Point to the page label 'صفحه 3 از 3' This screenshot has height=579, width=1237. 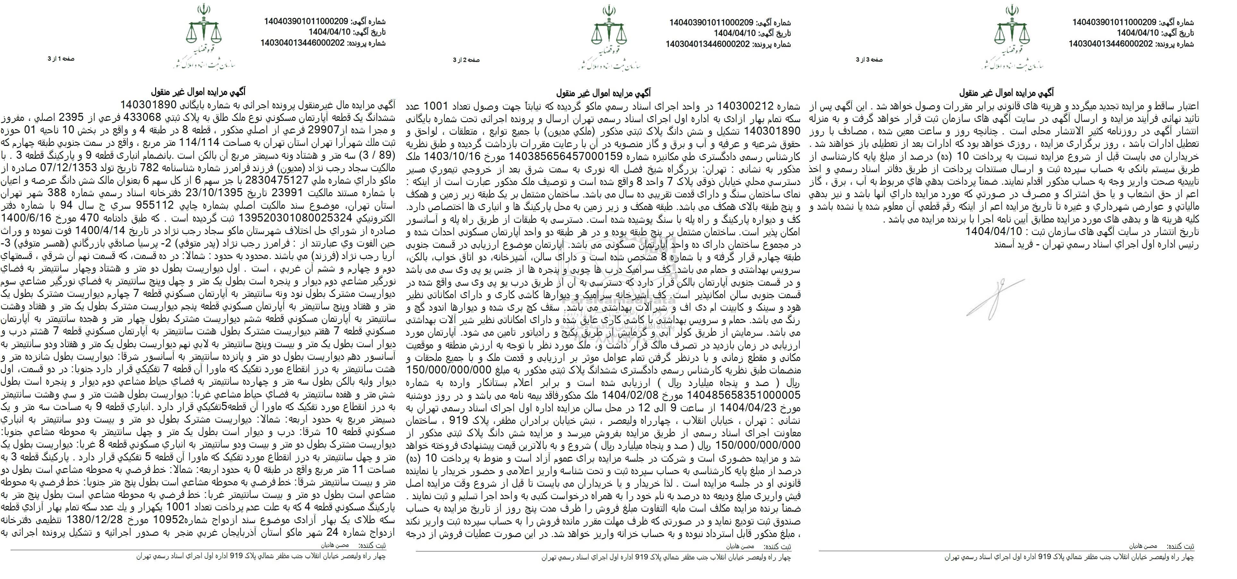pos(869,60)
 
